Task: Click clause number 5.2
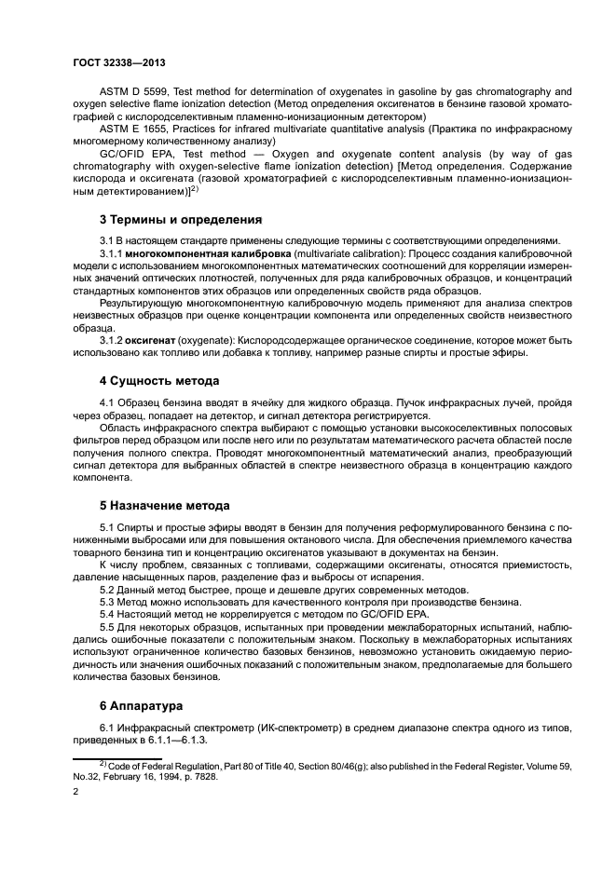coord(108,590)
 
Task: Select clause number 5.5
coord(108,628)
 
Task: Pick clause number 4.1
coord(108,401)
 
